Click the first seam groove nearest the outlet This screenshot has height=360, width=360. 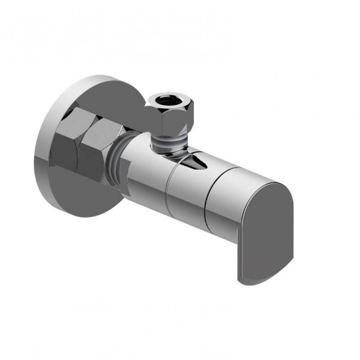point(168,187)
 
